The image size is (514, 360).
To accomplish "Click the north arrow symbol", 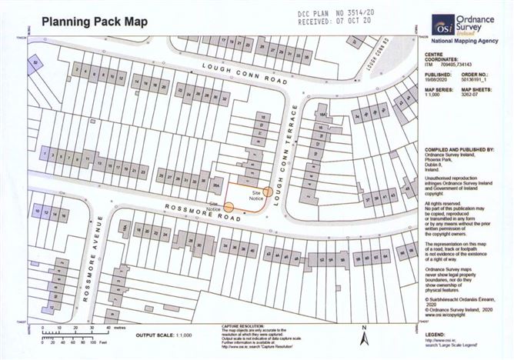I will pos(368,335).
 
